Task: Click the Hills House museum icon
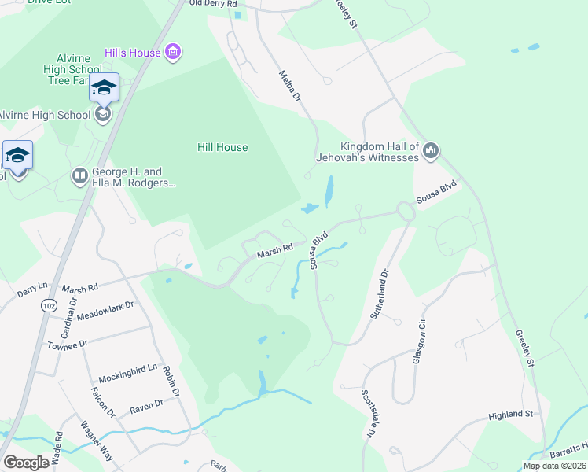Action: click(x=174, y=53)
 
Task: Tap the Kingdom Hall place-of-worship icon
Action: click(x=430, y=151)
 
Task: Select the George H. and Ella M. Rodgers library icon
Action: click(x=79, y=176)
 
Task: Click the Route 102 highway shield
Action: click(x=48, y=304)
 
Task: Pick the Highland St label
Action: click(x=510, y=414)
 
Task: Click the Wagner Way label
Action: click(x=97, y=441)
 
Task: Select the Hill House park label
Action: click(x=222, y=147)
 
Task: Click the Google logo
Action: click(x=27, y=463)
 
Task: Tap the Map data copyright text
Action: click(x=553, y=466)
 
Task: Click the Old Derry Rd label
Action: click(x=213, y=4)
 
